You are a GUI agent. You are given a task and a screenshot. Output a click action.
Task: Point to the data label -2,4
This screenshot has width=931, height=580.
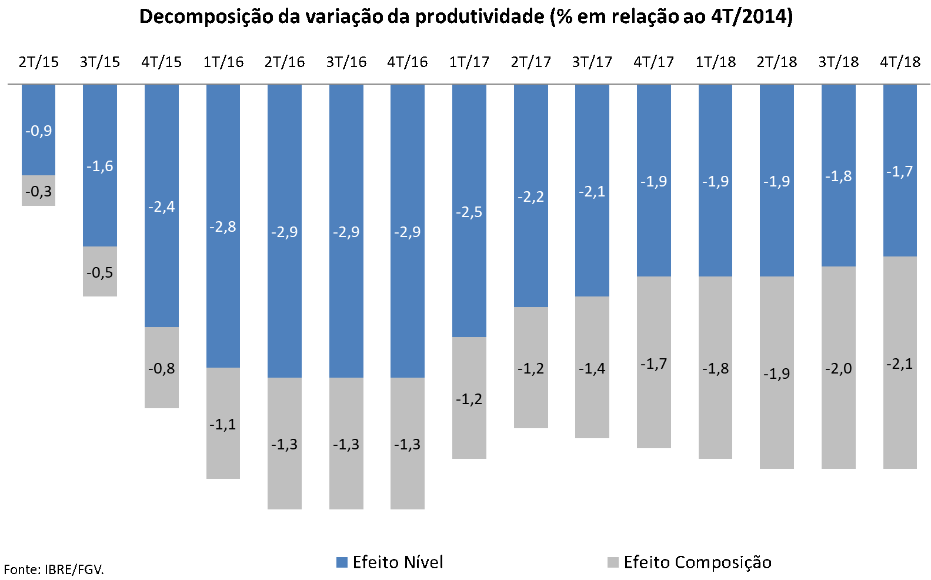click(161, 207)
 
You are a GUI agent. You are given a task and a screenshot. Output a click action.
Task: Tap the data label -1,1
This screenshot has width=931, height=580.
click(223, 424)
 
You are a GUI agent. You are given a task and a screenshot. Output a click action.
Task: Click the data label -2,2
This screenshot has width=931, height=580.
click(530, 197)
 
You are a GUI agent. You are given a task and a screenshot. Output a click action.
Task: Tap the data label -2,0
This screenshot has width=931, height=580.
click(839, 369)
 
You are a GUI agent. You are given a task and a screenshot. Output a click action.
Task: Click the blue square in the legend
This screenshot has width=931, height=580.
click(342, 562)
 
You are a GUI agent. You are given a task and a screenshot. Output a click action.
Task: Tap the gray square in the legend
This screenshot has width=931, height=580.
click(613, 562)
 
